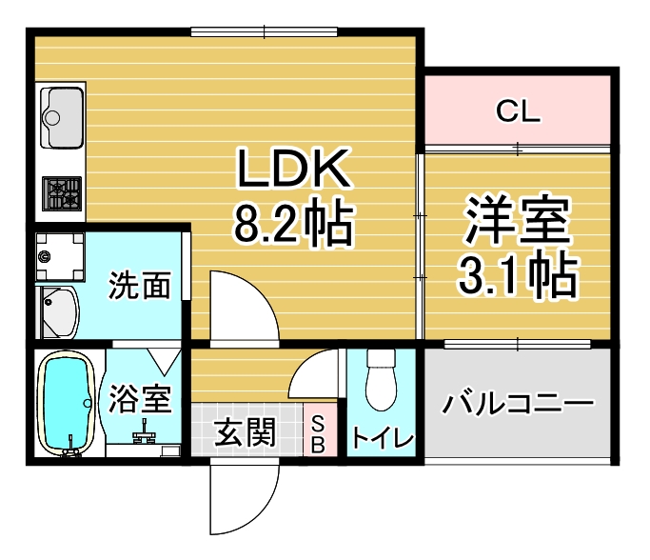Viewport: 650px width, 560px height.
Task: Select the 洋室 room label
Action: pos(518,222)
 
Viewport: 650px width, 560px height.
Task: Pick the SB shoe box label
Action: pos(318,433)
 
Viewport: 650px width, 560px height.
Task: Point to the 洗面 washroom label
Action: pos(140,285)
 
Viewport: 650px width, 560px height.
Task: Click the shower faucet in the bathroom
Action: pos(144,433)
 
